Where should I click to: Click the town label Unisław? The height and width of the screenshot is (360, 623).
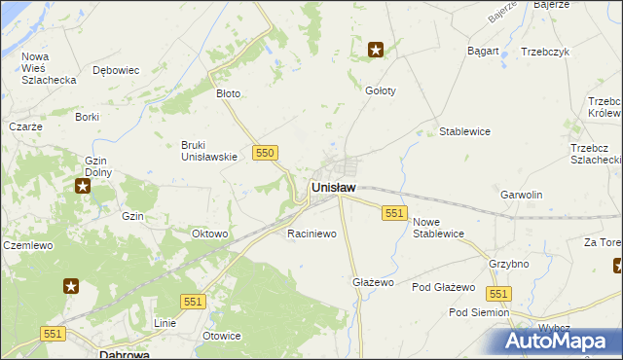click(x=333, y=187)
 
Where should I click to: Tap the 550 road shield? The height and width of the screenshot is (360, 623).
click(x=265, y=153)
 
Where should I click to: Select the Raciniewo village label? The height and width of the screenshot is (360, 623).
click(x=311, y=234)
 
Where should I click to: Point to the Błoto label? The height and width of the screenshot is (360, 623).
click(x=228, y=94)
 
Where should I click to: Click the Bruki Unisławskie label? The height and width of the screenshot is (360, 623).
click(x=209, y=151)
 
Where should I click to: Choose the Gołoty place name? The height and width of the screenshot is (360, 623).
click(x=380, y=90)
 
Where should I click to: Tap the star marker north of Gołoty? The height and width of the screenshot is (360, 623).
click(x=376, y=49)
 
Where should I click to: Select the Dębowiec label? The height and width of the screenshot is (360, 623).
click(x=116, y=70)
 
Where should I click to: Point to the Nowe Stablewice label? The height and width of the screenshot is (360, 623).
click(x=438, y=228)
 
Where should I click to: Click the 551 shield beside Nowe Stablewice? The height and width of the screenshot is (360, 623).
click(x=394, y=213)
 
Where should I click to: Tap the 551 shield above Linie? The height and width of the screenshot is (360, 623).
click(x=193, y=303)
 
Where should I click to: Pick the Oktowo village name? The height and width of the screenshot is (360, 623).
click(x=209, y=234)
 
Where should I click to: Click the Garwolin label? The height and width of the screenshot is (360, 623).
click(x=521, y=195)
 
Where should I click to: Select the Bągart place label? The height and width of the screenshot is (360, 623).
click(x=483, y=51)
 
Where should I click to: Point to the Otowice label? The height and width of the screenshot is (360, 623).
click(x=221, y=336)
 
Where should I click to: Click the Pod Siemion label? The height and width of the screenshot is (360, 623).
click(x=478, y=312)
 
